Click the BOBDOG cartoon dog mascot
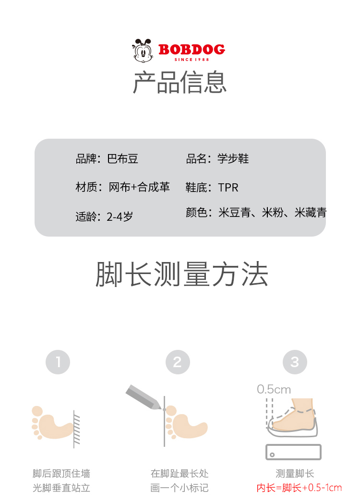(143, 50)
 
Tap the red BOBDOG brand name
(192, 49)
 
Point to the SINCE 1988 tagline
(192, 59)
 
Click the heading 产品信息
(180, 82)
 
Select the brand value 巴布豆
(123, 159)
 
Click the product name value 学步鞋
(233, 158)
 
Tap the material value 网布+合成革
(139, 187)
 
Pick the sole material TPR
(228, 188)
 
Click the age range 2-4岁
(120, 217)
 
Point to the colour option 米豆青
(234, 213)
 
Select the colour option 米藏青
(311, 213)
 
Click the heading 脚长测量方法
(182, 274)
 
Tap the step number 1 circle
(58, 362)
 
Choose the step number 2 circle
(178, 362)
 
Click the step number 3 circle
(295, 362)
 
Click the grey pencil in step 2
(144, 397)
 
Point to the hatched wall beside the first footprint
(76, 429)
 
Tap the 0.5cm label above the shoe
(274, 389)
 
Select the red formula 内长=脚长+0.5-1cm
(299, 488)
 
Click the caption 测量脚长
(295, 474)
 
